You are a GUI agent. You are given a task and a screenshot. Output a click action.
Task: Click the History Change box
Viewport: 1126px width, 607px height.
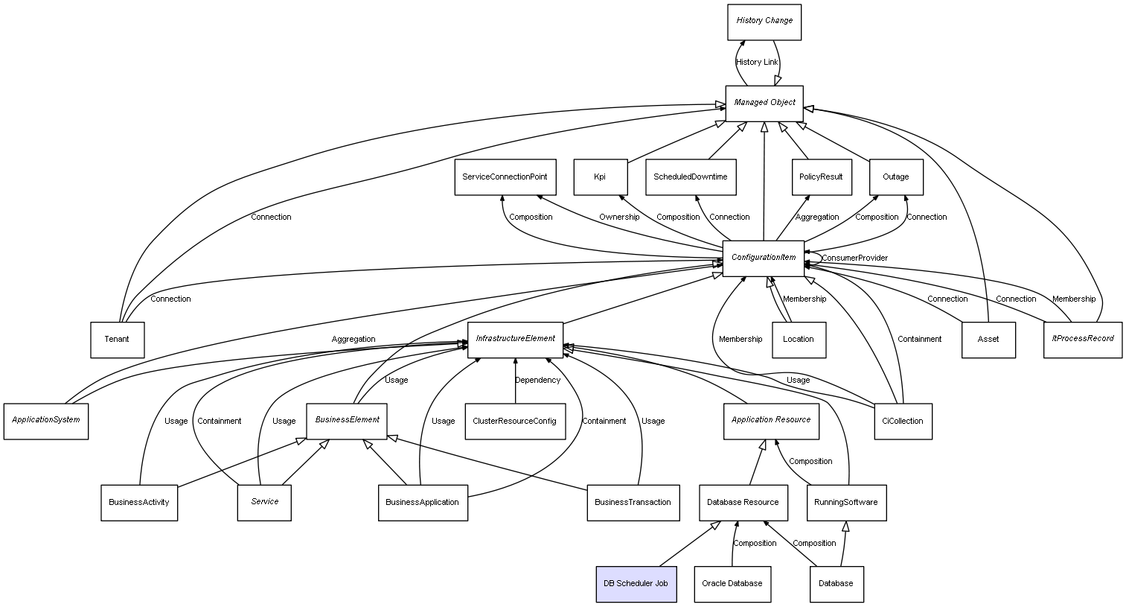tap(764, 22)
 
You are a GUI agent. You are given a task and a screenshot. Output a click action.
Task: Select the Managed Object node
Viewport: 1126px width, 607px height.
tap(764, 103)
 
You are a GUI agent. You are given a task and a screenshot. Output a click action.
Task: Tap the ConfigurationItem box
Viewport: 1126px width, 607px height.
tap(764, 258)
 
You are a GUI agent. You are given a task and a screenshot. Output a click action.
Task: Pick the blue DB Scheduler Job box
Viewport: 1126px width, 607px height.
tap(636, 584)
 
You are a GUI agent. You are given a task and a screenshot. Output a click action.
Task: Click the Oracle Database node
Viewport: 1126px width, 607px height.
tap(732, 584)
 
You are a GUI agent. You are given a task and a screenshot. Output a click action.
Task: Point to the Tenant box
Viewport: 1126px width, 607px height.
tap(117, 340)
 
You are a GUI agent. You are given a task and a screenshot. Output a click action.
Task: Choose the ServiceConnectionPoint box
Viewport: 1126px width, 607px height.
tap(505, 177)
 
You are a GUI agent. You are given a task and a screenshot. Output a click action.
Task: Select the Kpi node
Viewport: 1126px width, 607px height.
tap(600, 177)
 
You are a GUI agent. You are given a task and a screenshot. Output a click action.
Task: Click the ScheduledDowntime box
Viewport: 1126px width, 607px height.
tap(691, 177)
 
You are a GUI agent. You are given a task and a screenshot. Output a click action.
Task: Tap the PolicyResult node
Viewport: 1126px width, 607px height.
tap(821, 177)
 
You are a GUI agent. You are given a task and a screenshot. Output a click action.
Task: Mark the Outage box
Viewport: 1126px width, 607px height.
tap(896, 177)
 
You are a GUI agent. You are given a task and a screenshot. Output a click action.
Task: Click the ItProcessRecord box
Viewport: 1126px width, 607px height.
tap(1083, 339)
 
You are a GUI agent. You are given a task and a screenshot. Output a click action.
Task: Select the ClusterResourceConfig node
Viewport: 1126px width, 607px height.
tap(514, 422)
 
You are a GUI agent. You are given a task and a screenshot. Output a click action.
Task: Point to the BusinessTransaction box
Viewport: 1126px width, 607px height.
tap(633, 503)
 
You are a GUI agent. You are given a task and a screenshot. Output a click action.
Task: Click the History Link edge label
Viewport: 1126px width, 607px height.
tap(757, 63)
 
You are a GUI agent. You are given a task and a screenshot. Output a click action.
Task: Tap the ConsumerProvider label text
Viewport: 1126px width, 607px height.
tap(854, 258)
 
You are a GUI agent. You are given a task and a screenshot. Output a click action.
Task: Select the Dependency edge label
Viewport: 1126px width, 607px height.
tap(538, 381)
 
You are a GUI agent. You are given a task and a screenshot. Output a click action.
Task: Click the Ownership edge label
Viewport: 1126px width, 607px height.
tap(619, 217)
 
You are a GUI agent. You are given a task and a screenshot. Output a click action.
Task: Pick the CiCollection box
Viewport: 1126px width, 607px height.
tap(903, 422)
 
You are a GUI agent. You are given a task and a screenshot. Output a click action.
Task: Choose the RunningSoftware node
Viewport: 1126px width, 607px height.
tap(845, 503)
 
